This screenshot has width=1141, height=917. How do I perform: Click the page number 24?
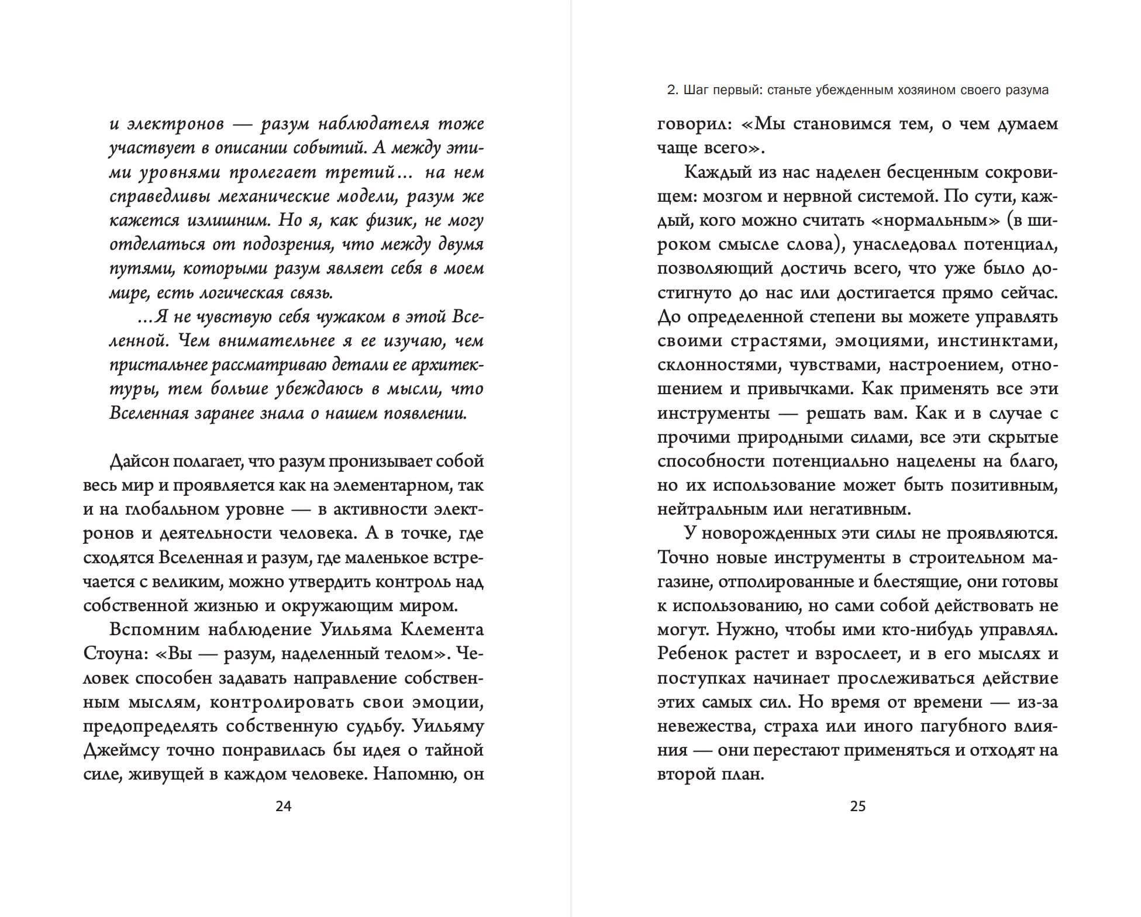coord(283,806)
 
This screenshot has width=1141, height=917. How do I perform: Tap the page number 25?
coord(857,806)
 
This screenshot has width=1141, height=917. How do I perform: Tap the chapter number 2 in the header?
coord(671,90)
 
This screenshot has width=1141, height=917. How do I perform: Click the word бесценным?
coord(935,173)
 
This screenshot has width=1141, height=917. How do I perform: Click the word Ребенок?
coord(692,654)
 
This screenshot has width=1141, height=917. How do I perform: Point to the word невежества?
coord(695,726)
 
